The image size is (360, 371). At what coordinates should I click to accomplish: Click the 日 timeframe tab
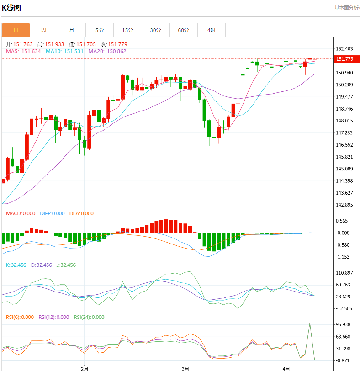[16, 30]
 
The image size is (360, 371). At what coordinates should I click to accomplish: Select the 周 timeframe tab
[43, 30]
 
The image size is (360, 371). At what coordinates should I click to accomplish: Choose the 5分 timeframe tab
[100, 30]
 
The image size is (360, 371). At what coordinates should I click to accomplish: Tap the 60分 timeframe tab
[183, 30]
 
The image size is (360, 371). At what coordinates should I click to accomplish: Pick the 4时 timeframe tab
[211, 30]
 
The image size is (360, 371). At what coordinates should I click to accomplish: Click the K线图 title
[11, 8]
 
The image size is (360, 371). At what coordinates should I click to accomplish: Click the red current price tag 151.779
[344, 59]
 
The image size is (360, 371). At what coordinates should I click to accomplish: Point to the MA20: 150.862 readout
[107, 51]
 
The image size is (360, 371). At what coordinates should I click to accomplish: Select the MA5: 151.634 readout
[23, 51]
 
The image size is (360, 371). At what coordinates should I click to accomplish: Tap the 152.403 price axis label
[344, 49]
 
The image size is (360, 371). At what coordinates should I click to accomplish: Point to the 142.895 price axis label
[344, 205]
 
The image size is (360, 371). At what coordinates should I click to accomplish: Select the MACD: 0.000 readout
[20, 213]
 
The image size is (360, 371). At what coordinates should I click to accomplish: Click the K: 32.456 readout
[16, 265]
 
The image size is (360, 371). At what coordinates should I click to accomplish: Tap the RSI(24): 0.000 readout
[89, 317]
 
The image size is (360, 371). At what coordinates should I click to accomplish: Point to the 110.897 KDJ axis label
[344, 273]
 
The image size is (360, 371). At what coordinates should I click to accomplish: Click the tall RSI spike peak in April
[310, 322]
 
